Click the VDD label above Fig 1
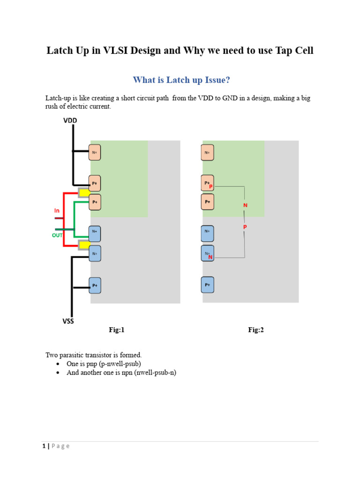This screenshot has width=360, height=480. coord(70,120)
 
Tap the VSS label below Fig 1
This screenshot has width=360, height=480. coord(68,321)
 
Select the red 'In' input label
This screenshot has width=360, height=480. coord(57,211)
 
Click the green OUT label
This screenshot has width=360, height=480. coord(57,235)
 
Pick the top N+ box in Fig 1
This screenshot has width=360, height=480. coord(95,152)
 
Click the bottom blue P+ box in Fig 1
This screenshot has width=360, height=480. coord(95,285)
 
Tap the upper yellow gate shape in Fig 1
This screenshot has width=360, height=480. coord(84,193)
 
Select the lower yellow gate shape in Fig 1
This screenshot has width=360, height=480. coord(84,244)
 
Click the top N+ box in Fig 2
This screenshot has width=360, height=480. coord(208,152)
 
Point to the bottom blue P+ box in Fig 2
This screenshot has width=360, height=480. coord(208,285)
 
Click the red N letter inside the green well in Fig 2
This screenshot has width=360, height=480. coord(245,205)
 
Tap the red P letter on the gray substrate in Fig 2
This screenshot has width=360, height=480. coord(245,227)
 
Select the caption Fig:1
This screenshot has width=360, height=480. coord(117,330)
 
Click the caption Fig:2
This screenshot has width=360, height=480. coord(256,330)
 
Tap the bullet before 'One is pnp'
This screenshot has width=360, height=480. coord(57,364)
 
